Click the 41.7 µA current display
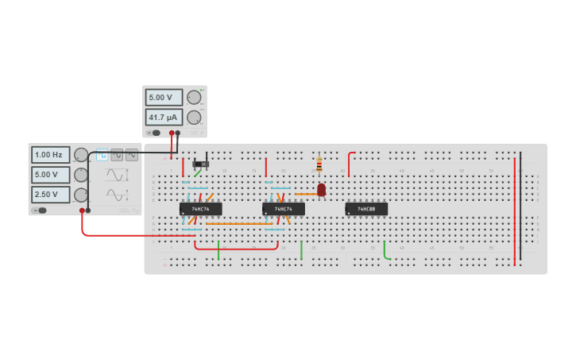164,118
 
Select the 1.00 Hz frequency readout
50,155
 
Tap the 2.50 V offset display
50,195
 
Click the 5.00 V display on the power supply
164,98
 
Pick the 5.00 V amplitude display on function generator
50,175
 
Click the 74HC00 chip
366,209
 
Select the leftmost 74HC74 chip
200,209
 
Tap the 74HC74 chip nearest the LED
284,209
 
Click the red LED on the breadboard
321,190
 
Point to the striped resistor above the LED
319,165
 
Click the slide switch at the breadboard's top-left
201,164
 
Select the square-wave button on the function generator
102,156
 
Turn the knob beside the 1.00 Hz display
80,155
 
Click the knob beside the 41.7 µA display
194,118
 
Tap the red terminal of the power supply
172,133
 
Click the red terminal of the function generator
82,211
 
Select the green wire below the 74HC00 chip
385,252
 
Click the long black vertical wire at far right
520,207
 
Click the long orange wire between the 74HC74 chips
238,224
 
